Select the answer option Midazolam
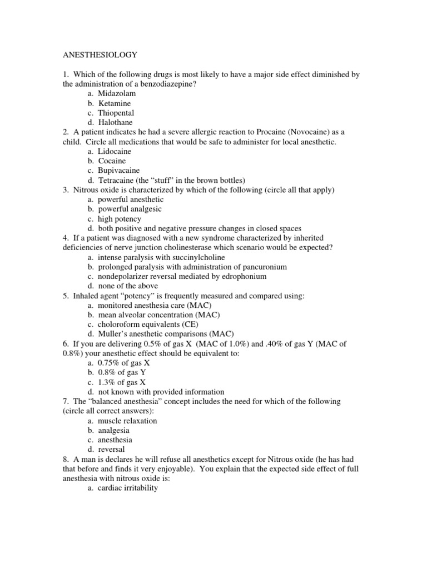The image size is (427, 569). pos(117,93)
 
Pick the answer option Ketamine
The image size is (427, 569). pos(115,103)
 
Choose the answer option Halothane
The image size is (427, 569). pos(116,122)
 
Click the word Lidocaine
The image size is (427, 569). pos(115,151)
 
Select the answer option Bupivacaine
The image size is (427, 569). pos(119,170)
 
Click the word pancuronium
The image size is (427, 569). pos(264,267)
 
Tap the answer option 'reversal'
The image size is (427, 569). pos(111,449)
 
